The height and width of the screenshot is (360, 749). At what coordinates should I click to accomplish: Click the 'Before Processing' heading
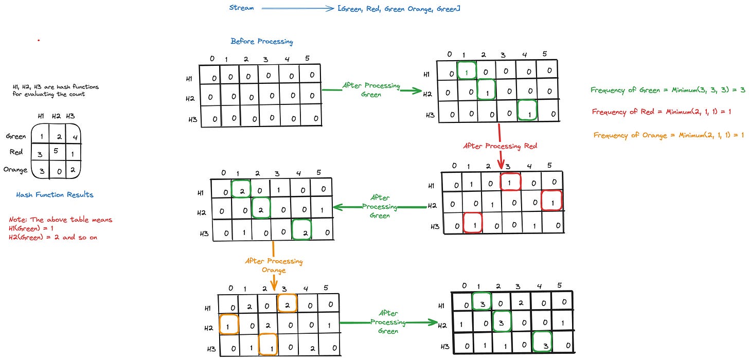coord(262,42)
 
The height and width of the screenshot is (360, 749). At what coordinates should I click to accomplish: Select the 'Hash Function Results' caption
coord(55,195)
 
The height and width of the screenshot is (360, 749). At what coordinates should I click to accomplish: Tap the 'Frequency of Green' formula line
coord(668,90)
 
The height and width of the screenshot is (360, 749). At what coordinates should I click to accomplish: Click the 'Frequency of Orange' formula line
coord(669,135)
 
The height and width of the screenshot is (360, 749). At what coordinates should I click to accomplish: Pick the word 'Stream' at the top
coord(242,8)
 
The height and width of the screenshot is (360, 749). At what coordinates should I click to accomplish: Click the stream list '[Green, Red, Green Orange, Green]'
coord(399,9)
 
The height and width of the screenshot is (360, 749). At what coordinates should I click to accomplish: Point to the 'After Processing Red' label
coord(501,146)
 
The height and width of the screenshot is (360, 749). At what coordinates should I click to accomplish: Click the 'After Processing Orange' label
coord(274,265)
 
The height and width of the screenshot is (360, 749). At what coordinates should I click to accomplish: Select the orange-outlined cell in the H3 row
coord(267,345)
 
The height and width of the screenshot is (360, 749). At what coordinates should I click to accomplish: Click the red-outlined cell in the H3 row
coord(473,223)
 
